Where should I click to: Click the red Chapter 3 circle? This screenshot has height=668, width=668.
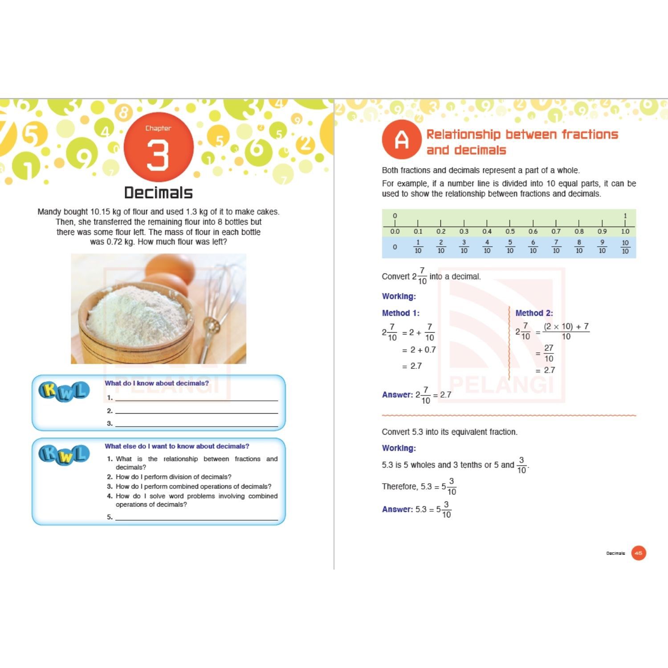point(158,147)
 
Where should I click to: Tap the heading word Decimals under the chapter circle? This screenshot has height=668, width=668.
point(158,193)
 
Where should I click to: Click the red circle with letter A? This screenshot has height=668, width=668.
point(401,139)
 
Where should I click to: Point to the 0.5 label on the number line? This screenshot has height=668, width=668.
point(510,232)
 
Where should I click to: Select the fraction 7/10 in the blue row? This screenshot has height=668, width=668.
point(556,246)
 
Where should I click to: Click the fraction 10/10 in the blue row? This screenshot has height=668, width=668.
point(625,247)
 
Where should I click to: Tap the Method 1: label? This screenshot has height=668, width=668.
point(400,313)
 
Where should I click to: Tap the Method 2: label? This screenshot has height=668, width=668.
point(534,313)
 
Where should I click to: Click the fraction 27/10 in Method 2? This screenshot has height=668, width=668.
point(549,353)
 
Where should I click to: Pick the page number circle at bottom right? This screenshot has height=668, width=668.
point(638,553)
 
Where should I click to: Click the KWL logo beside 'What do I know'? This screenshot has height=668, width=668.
point(64,391)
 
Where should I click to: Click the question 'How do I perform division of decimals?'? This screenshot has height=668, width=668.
point(173,477)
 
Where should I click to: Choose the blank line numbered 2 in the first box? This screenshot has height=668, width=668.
point(196,411)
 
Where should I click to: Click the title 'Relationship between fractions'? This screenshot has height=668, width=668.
point(522,134)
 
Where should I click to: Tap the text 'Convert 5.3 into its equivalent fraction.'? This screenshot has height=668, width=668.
point(449,432)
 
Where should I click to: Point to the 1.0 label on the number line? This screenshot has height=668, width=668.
point(625,232)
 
